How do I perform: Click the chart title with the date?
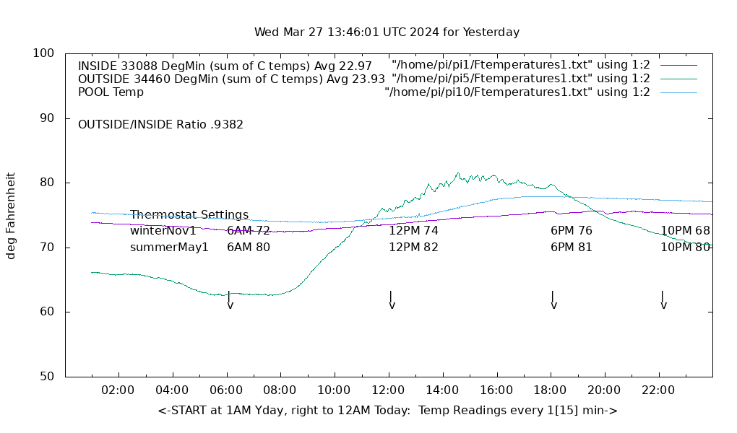[x=387, y=32]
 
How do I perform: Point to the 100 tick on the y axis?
[x=44, y=53]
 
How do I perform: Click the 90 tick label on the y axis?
[x=48, y=118]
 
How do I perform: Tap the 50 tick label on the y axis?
[x=48, y=377]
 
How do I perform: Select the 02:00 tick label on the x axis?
[x=118, y=390]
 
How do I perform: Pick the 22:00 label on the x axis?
[x=658, y=390]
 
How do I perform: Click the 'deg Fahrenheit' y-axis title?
[x=11, y=215]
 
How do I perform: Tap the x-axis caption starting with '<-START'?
[x=387, y=411]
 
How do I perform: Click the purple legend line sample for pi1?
[x=678, y=66]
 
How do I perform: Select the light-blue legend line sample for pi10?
[x=678, y=92]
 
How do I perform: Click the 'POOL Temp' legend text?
[x=111, y=92]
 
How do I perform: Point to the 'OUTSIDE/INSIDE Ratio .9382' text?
[x=160, y=124]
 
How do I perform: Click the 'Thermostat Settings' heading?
[x=189, y=215]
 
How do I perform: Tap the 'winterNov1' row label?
[x=163, y=231]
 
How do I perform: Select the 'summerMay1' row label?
[x=169, y=248]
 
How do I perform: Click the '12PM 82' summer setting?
[x=413, y=248]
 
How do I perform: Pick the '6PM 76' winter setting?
[x=571, y=231]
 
